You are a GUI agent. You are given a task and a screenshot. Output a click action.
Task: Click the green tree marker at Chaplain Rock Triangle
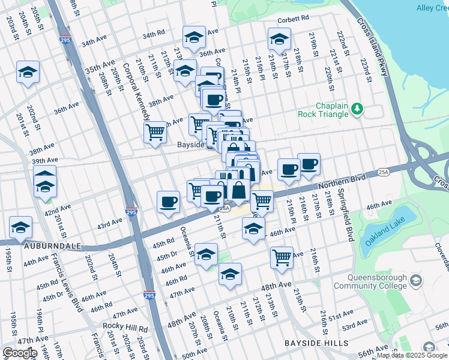357,109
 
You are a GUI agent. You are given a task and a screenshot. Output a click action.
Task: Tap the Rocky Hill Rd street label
125,328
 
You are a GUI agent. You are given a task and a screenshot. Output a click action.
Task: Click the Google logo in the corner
20,352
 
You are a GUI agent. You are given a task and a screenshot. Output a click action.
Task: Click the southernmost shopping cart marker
282,257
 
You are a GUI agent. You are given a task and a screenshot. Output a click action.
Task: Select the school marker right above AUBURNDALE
21,228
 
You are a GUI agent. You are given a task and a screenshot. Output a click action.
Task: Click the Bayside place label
191,145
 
